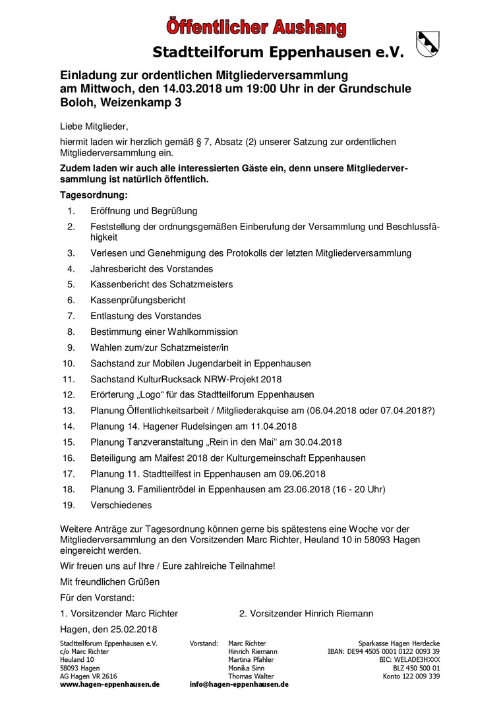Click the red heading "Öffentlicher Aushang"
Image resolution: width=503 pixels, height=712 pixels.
(256, 27)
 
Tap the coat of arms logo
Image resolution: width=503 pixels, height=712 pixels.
(427, 44)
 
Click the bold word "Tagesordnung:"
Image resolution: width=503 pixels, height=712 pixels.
(93, 195)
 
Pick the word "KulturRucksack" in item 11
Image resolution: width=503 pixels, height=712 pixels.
(162, 379)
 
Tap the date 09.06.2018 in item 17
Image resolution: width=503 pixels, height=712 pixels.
(300, 473)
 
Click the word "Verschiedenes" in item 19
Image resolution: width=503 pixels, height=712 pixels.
(121, 505)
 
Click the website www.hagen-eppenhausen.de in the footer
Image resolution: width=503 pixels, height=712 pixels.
(110, 684)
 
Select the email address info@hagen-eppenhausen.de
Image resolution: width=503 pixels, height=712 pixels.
(239, 684)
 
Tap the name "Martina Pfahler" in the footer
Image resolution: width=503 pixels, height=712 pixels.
(251, 660)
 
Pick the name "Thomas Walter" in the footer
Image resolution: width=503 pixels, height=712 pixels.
(251, 676)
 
